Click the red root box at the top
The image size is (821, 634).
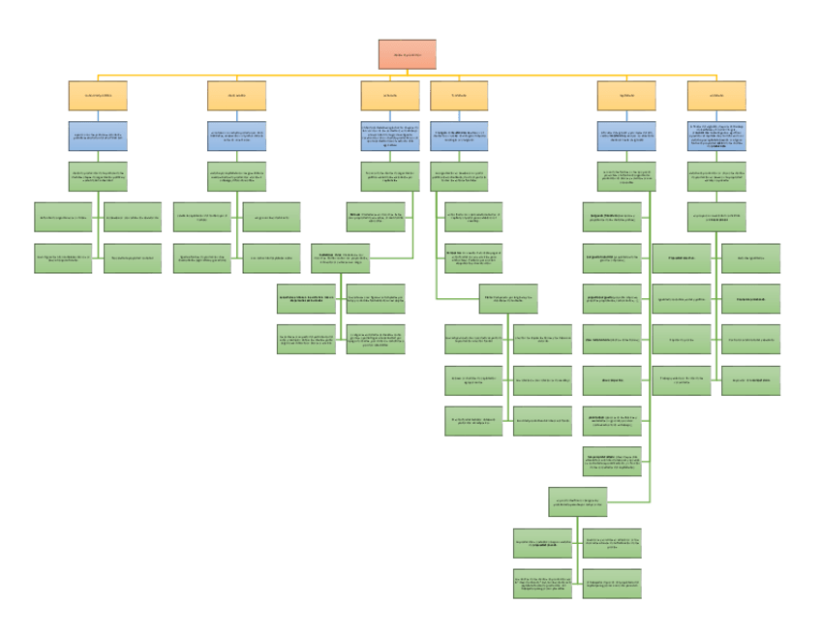(407, 54)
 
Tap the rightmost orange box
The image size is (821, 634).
(715, 96)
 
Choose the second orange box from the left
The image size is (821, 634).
(236, 96)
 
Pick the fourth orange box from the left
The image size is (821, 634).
(459, 96)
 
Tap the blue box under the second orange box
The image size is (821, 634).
(236, 135)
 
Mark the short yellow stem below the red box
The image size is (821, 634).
(407, 73)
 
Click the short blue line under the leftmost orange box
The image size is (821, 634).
(98, 115)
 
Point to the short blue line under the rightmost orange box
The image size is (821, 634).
(715, 115)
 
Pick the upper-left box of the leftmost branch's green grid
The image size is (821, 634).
(63, 216)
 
